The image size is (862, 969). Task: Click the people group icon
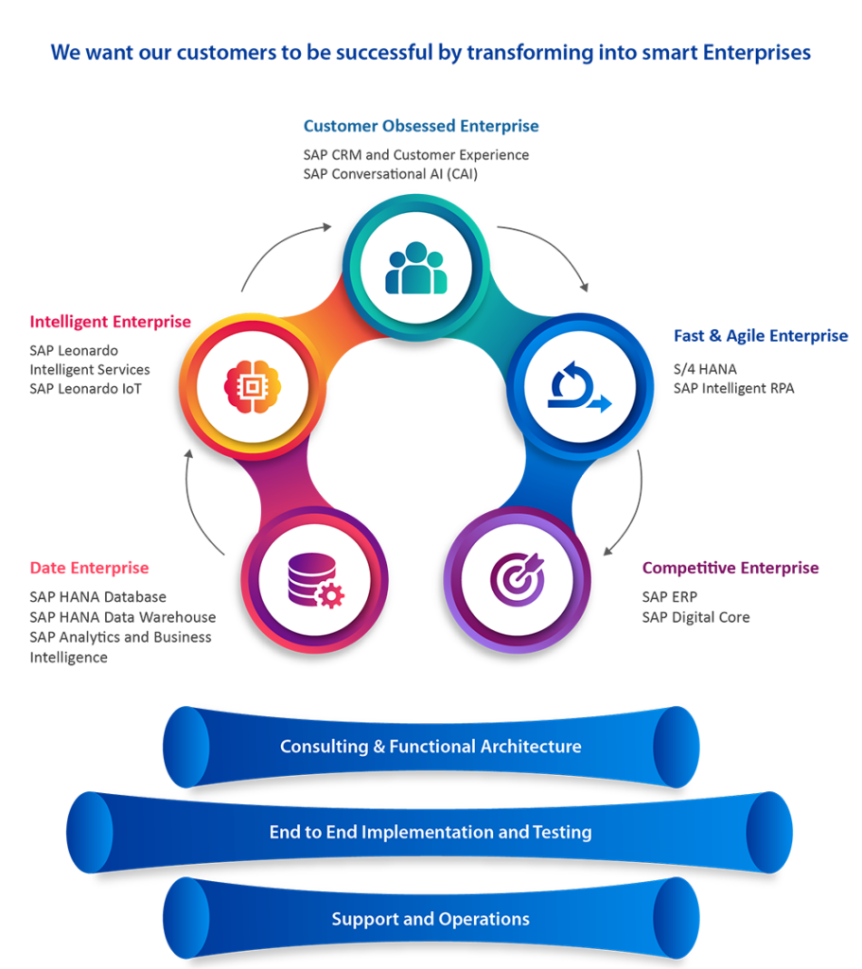416,268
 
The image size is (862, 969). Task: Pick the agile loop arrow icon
578,389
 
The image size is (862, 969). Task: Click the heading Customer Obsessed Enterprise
421,126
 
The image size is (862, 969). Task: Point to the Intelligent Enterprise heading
110,322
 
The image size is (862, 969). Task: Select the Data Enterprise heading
89,569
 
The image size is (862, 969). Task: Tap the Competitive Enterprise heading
730,569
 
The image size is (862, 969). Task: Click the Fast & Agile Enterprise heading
761,336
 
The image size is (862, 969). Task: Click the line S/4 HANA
704,369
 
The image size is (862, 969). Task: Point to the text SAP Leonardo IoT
85,388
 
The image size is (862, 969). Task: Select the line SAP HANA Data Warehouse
122,617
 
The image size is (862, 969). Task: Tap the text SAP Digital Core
695,617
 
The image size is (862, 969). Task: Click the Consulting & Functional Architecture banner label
431,747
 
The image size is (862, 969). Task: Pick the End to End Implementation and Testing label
431,833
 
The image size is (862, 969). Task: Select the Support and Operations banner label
431,919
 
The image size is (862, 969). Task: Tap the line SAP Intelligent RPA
733,388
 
